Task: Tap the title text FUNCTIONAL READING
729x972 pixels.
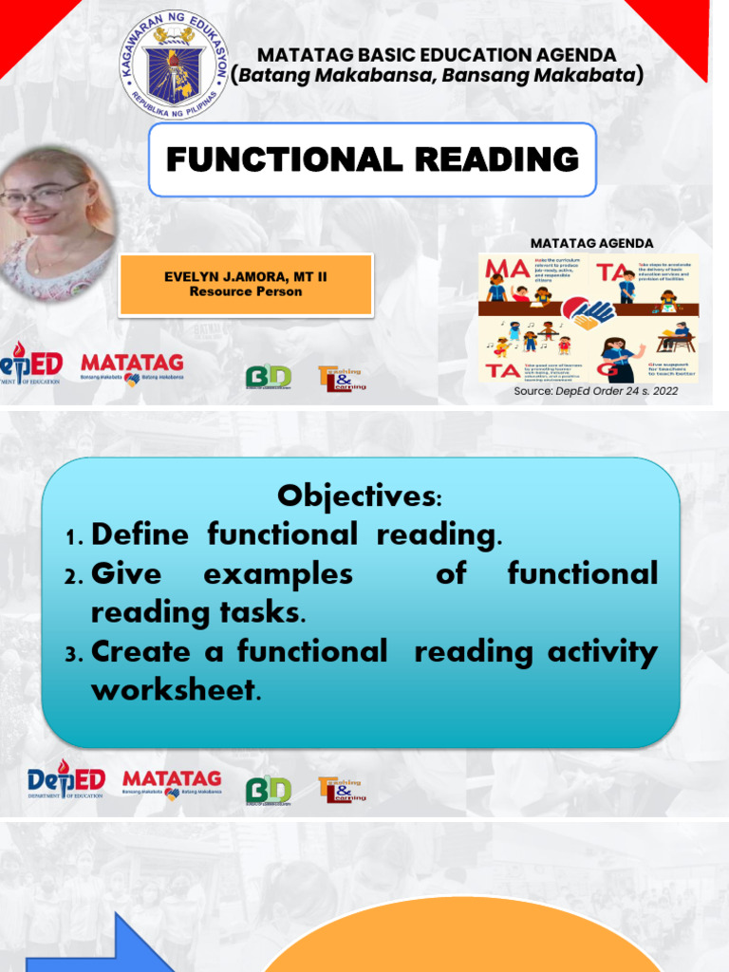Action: tap(372, 159)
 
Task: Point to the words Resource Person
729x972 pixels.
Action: tap(245, 291)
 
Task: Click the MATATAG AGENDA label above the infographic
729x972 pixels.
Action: tap(591, 243)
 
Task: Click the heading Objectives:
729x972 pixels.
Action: tap(360, 495)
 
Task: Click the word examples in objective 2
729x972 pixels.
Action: tap(278, 573)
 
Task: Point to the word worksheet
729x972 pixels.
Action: tap(173, 690)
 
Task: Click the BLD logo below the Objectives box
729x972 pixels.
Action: tap(269, 791)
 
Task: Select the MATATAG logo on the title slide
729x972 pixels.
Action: tap(132, 366)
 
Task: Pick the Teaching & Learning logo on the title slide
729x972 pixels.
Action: tap(342, 377)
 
